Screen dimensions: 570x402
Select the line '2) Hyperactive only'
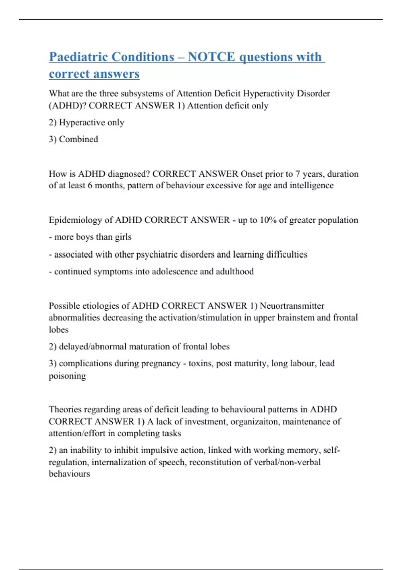[x=86, y=123]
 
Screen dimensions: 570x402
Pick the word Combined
[x=78, y=139]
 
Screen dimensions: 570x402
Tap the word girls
[x=123, y=237]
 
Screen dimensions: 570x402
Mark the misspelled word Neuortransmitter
[x=292, y=306]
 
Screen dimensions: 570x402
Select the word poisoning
[x=67, y=376]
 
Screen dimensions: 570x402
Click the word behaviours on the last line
[x=69, y=474]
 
